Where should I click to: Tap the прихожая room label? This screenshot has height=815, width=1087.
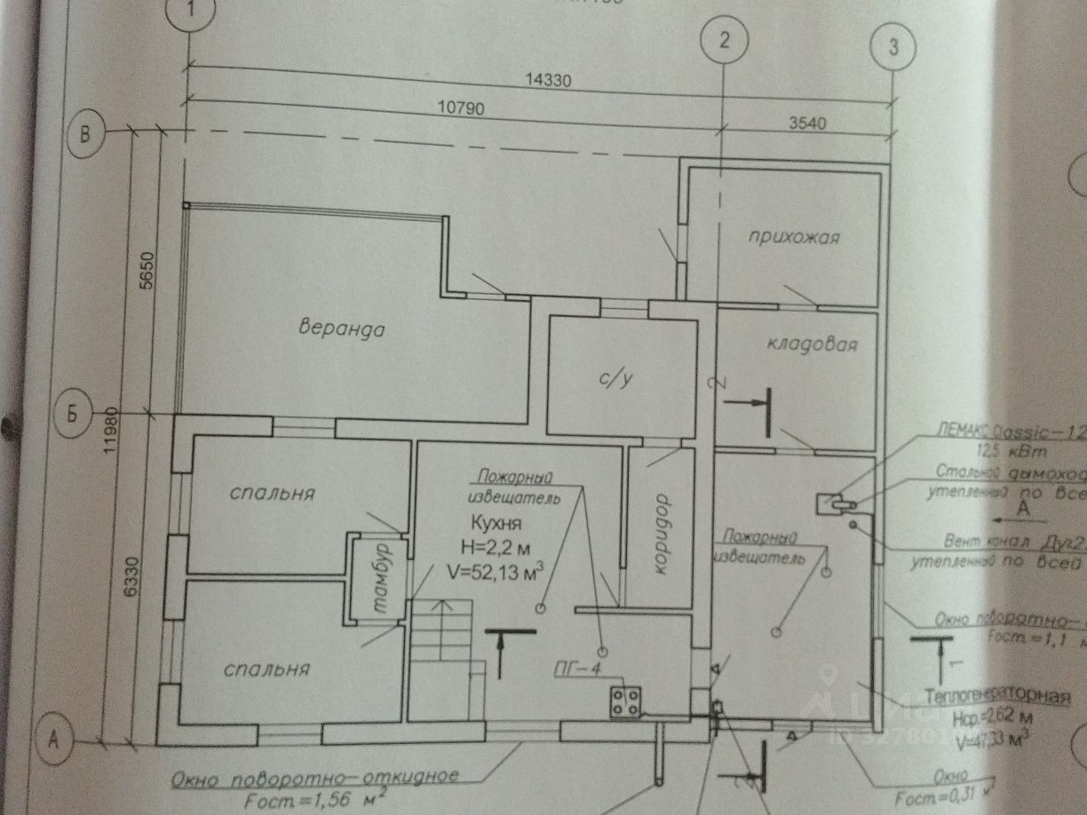pyautogui.click(x=793, y=237)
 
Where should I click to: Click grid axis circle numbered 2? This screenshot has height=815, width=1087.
pyautogui.click(x=724, y=40)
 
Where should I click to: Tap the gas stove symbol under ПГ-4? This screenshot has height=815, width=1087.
pyautogui.click(x=625, y=700)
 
